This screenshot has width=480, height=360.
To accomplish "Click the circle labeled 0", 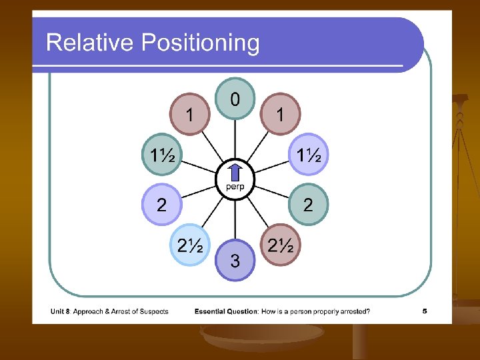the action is tap(235, 99).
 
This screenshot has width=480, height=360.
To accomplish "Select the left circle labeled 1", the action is tap(190, 113).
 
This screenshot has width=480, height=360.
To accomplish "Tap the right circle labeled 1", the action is tap(280, 113).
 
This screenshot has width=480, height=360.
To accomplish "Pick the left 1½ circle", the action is tap(160, 156).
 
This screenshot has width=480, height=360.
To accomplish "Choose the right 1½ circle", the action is tap(309, 156).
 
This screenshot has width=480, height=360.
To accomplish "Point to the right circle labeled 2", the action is tap(307, 204).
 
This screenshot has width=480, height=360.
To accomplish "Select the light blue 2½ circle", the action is tap(190, 245).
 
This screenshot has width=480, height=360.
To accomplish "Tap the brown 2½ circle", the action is tap(281, 245).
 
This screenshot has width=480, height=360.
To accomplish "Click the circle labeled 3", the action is tap(235, 260).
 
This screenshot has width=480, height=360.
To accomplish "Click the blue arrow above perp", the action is tap(235, 172).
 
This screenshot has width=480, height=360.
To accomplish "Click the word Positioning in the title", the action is tap(199, 43).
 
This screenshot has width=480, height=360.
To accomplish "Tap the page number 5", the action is tap(425, 311).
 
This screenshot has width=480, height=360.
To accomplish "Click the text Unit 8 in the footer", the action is tap(61, 311).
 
